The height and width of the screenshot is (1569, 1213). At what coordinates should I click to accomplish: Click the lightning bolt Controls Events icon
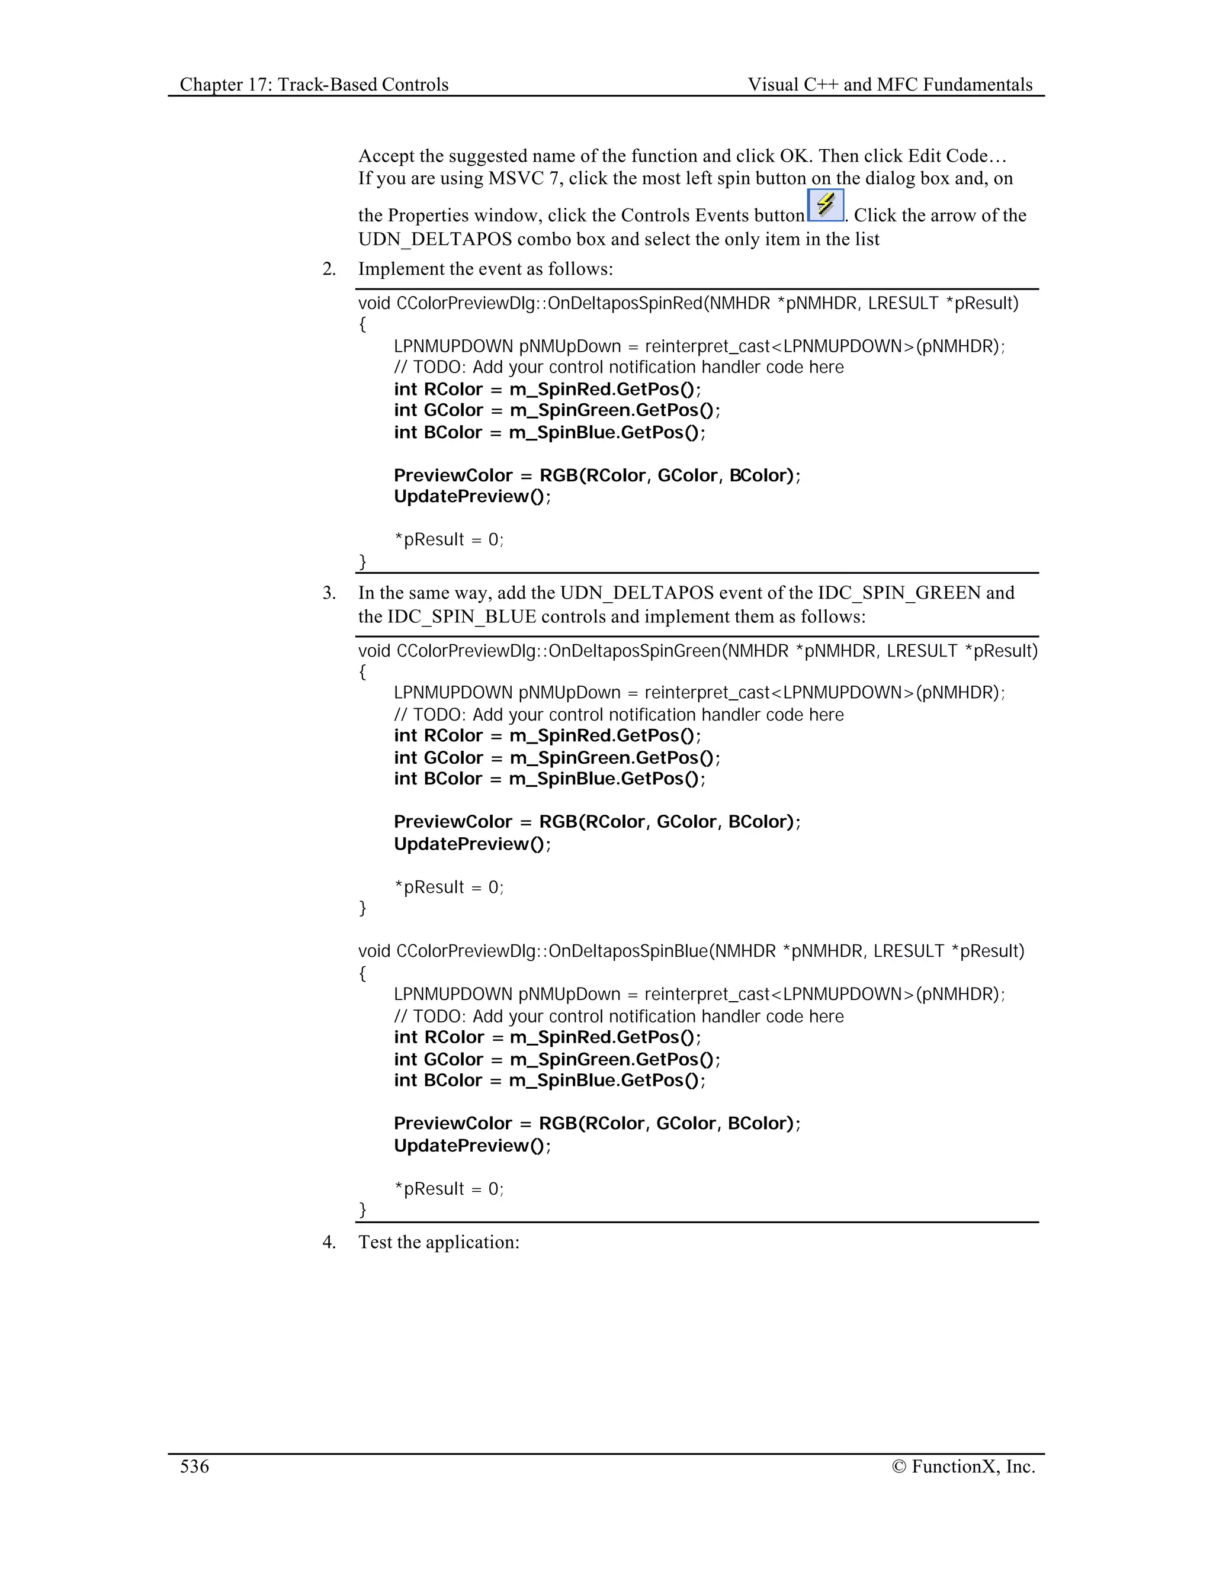coord(825,205)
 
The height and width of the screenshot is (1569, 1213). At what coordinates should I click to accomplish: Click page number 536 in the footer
coord(194,1466)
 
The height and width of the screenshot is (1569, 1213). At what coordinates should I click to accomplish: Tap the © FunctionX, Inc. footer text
coord(963,1466)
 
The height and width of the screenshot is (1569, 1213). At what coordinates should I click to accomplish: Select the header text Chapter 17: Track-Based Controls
coord(314,85)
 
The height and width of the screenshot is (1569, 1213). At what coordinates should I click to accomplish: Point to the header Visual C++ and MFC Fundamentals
coord(890,85)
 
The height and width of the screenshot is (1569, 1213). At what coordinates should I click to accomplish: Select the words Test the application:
coord(439,1242)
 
